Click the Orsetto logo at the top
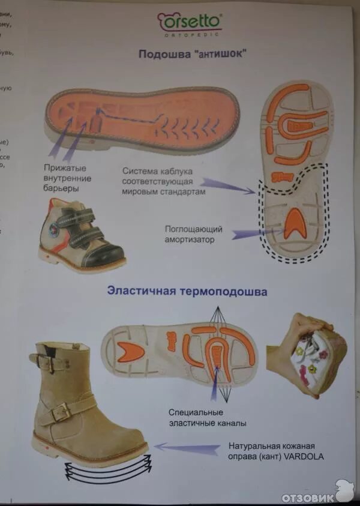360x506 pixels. pos(190,23)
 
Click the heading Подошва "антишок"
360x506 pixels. pos(193,54)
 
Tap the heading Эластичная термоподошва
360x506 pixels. pos(187,291)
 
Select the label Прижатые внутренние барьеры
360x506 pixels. pos(67,178)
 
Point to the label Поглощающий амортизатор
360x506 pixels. pos(194,233)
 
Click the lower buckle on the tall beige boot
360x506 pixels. pos(60,412)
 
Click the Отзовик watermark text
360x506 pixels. pos(307,497)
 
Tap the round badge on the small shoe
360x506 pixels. pos(55,229)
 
